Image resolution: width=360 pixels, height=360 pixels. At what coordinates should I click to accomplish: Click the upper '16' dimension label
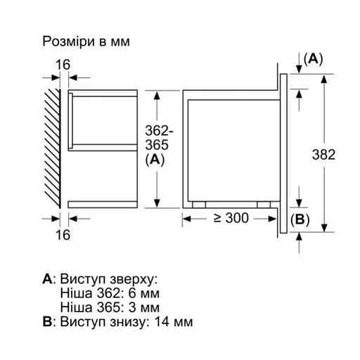tap(63, 65)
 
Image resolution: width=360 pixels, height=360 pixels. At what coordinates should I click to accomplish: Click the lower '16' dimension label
tap(63, 235)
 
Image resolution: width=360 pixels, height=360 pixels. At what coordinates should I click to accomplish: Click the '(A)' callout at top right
tap(312, 59)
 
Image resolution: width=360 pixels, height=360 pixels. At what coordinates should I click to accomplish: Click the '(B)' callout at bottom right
tap(300, 219)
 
